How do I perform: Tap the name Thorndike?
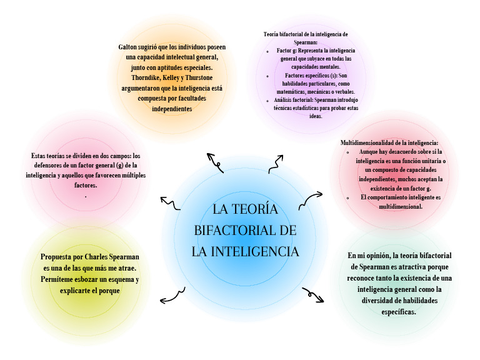pos(136,77)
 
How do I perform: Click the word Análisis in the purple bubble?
pos(284,100)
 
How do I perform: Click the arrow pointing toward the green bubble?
pos(313,294)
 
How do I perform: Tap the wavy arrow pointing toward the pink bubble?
pos(170,203)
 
